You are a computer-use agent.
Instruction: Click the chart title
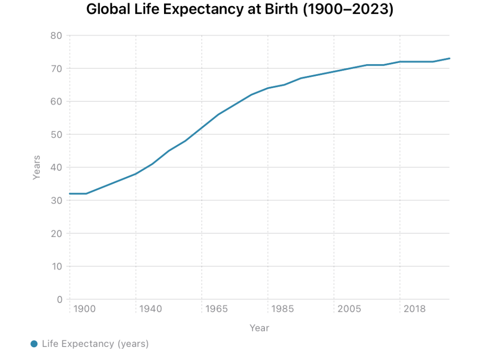pyautogui.click(x=240, y=9)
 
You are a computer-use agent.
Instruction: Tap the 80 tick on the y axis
pyautogui.click(x=57, y=36)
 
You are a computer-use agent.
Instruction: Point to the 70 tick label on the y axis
pyautogui.click(x=57, y=68)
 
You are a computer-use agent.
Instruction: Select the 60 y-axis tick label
pyautogui.click(x=57, y=101)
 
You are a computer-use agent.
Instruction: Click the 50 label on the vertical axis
pyautogui.click(x=57, y=135)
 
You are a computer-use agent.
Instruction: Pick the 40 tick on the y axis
pyautogui.click(x=57, y=167)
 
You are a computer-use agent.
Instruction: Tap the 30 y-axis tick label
pyautogui.click(x=57, y=201)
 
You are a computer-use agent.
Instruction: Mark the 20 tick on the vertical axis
pyautogui.click(x=57, y=233)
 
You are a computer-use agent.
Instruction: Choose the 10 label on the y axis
pyautogui.click(x=57, y=266)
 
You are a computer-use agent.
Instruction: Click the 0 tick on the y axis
pyautogui.click(x=60, y=300)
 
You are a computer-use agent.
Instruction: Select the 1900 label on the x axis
pyautogui.click(x=85, y=309)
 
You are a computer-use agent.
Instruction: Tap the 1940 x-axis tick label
pyautogui.click(x=151, y=309)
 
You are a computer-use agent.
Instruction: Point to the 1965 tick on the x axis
pyautogui.click(x=217, y=309)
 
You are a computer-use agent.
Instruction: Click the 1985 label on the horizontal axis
pyautogui.click(x=283, y=309)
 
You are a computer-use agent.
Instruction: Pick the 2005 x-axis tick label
pyautogui.click(x=349, y=309)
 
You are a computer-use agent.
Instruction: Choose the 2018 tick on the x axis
pyautogui.click(x=415, y=309)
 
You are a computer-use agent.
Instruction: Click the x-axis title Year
pyautogui.click(x=259, y=328)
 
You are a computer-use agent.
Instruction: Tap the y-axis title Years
pyautogui.click(x=37, y=167)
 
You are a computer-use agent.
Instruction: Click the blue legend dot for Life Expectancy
pyautogui.click(x=34, y=344)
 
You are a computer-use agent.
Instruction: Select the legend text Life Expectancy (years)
pyautogui.click(x=95, y=344)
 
